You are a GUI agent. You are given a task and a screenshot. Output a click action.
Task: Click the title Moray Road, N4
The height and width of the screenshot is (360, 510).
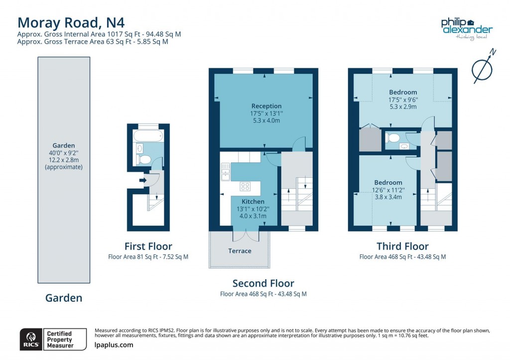pos(71,22)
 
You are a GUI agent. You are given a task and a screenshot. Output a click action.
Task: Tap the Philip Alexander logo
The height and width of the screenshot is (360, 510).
pos(467,28)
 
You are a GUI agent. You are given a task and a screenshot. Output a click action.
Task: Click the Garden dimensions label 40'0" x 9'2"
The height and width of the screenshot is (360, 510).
pos(64,153)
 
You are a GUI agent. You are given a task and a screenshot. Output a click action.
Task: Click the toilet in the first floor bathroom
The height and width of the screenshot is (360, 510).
pos(144,159)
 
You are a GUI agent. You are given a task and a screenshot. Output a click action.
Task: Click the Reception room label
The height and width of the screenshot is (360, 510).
pos(266,106)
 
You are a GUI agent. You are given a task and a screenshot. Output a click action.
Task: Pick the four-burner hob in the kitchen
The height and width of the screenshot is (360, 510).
pos(245,187)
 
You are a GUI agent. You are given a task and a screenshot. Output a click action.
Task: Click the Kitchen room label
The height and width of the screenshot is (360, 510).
pos(253,202)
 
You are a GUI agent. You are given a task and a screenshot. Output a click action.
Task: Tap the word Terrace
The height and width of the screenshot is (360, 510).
pos(240,251)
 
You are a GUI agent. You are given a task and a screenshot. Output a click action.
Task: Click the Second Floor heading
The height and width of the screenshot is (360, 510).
pos(263,283)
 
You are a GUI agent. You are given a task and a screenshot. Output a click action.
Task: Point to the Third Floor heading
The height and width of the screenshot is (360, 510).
pos(402,246)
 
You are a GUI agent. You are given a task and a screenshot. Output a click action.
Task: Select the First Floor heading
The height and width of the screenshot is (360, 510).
pos(148,246)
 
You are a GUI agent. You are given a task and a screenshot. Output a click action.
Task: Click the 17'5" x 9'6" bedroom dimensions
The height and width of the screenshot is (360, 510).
pos(403,100)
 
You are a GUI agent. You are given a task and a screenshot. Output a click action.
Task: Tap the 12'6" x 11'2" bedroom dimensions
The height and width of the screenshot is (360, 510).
pos(388,190)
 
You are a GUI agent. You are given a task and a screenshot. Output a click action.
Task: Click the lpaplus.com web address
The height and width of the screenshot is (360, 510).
pos(114,345)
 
